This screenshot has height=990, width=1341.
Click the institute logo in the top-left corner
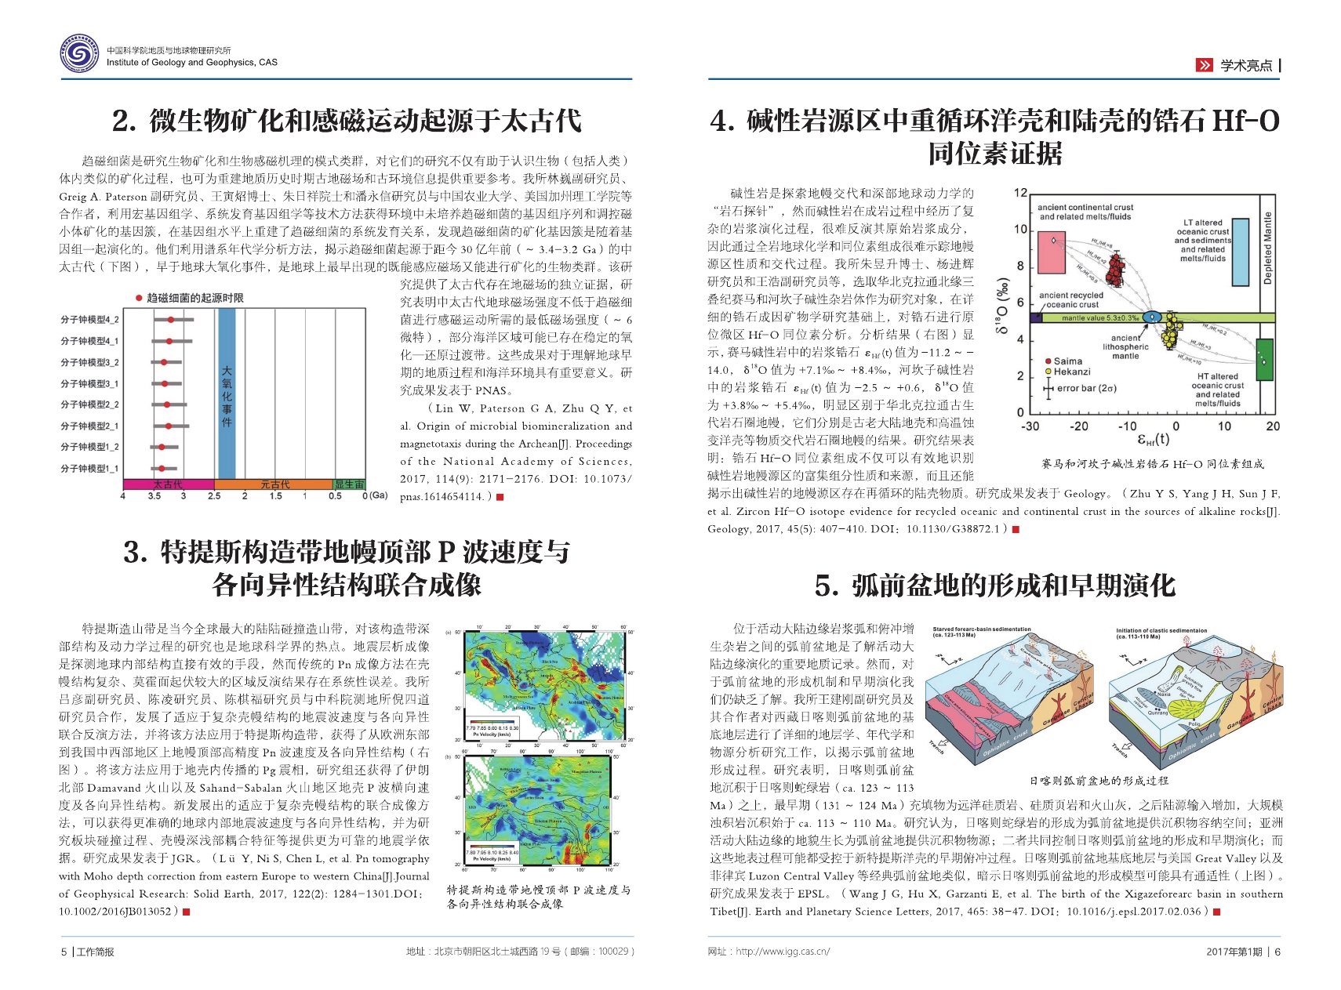[x=81, y=54]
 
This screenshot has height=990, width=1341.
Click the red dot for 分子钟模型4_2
[x=170, y=319]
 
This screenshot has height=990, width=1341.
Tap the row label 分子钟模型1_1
[x=89, y=468]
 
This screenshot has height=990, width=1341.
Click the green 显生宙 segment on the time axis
[x=349, y=484]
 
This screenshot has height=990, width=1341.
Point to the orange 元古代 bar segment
[x=274, y=484]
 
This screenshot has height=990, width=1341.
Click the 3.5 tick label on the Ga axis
[x=154, y=496]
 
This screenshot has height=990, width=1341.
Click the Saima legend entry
[x=1067, y=361]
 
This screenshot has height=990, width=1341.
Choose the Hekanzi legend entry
[x=1070, y=372]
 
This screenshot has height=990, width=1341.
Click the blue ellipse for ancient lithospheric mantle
[x=1151, y=317]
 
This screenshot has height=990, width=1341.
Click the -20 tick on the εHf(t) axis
[x=1079, y=426]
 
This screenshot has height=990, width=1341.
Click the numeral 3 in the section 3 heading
[x=134, y=553]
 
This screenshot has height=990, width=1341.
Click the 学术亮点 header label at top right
[x=1246, y=66]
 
